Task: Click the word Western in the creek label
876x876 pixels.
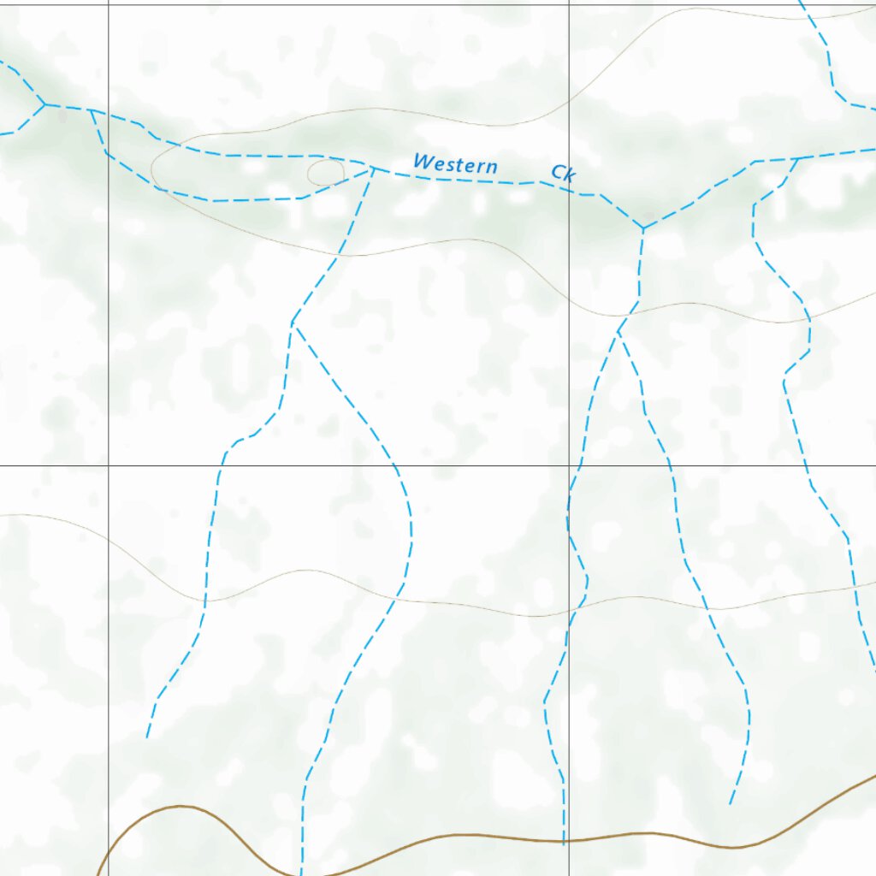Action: click(x=454, y=163)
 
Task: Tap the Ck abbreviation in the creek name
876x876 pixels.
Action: click(x=563, y=174)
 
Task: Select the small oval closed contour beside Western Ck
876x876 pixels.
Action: click(x=325, y=173)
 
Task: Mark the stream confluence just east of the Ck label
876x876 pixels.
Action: click(x=643, y=228)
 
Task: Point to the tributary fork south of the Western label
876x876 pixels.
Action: click(x=293, y=323)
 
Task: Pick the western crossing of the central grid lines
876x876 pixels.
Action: click(x=108, y=466)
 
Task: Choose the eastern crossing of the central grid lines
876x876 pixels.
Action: click(x=570, y=466)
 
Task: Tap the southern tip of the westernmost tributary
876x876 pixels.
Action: click(x=147, y=736)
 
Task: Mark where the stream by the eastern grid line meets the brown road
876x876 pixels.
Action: click(x=564, y=842)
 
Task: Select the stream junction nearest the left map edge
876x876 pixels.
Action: click(x=44, y=104)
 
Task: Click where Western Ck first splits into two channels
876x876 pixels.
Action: click(x=92, y=111)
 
